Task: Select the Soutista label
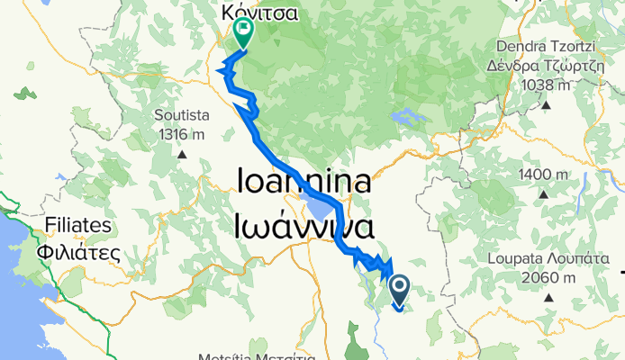point(181,115)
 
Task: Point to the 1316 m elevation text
point(181,134)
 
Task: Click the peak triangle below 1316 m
point(181,153)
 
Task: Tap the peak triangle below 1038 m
point(547,104)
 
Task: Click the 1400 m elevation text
point(543,174)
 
